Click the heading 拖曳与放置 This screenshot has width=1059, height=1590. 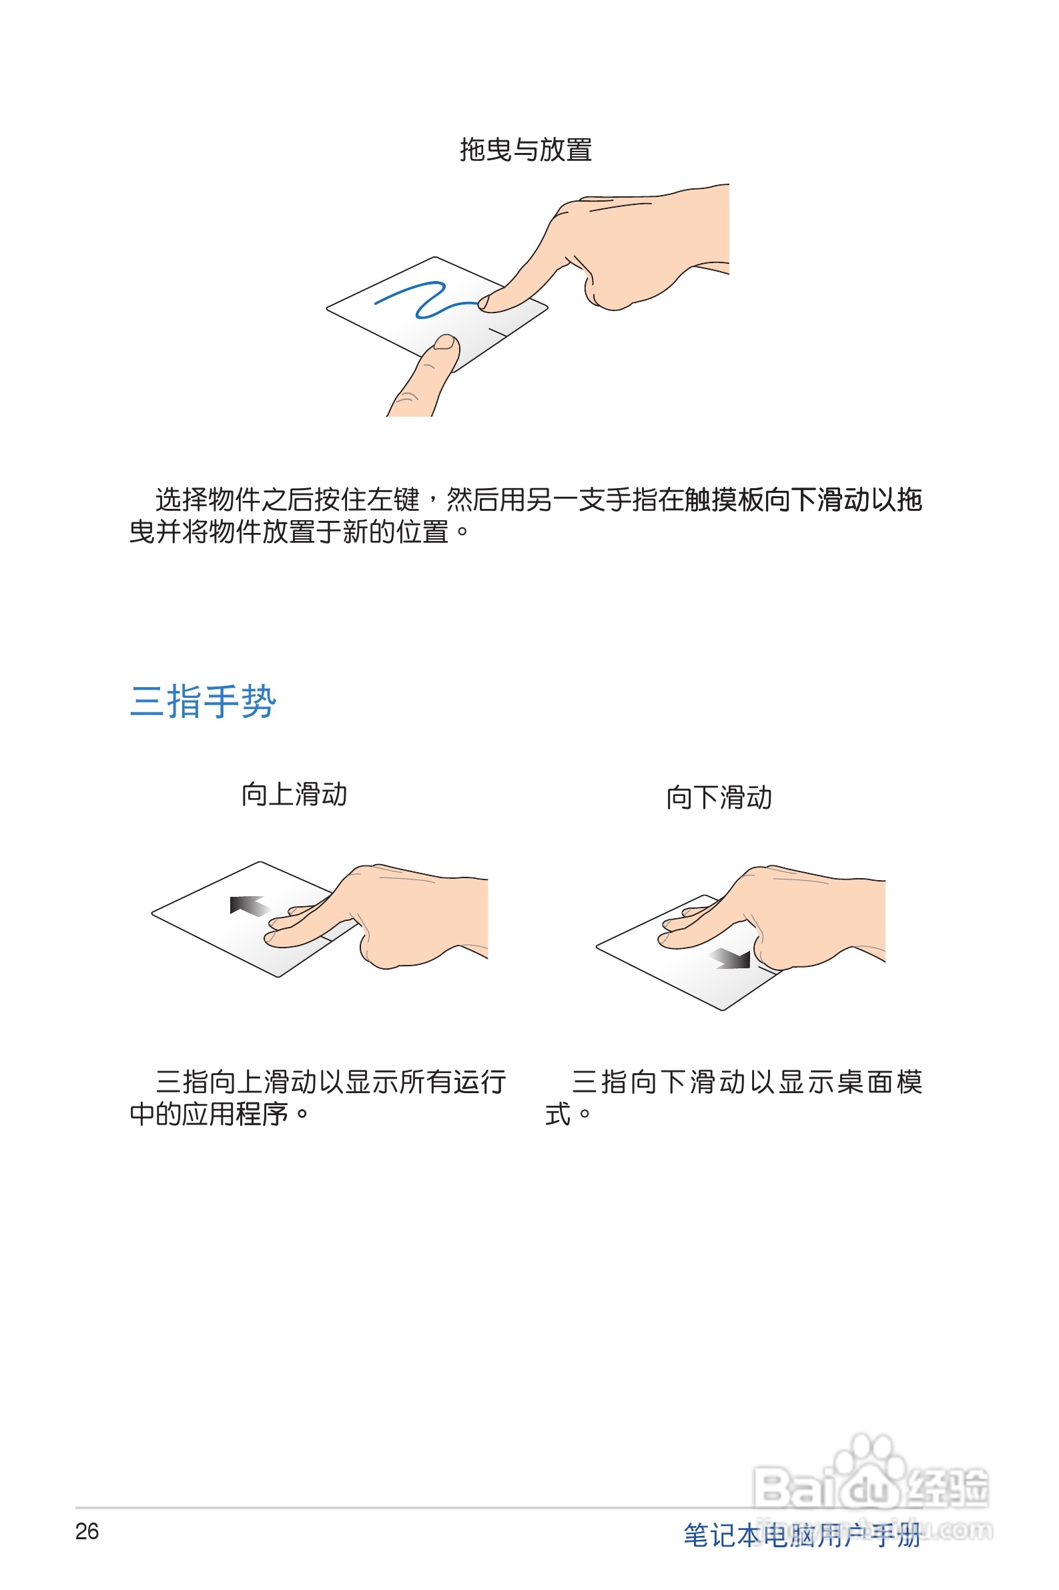525,150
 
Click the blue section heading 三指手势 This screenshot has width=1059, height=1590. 203,701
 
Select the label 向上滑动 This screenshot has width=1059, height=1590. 294,794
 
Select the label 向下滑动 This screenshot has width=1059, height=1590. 719,797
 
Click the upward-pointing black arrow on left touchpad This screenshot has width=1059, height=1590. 248,906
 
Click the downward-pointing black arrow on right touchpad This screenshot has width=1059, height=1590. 732,958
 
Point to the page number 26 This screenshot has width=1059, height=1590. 87,1531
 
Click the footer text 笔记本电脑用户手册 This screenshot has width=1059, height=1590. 801,1535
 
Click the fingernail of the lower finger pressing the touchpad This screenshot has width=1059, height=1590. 444,343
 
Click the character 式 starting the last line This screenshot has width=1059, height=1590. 558,1114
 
